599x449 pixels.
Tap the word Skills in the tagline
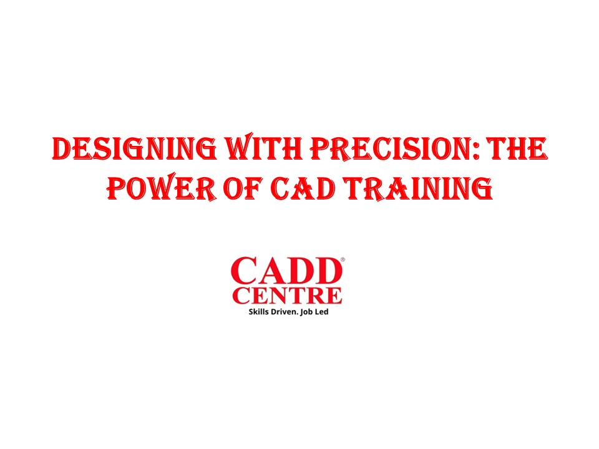tap(260, 311)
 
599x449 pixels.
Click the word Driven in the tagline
tap(287, 311)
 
